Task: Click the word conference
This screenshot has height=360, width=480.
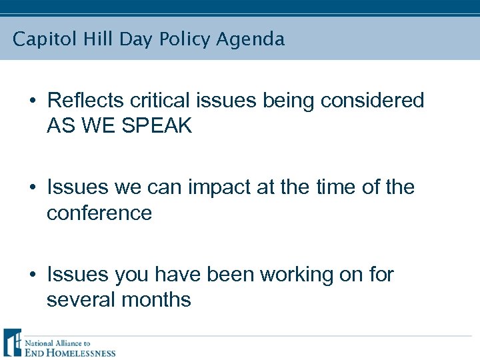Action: (99, 213)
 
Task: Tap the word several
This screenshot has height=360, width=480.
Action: (81, 299)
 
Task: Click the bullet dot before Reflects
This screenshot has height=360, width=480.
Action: (33, 101)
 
